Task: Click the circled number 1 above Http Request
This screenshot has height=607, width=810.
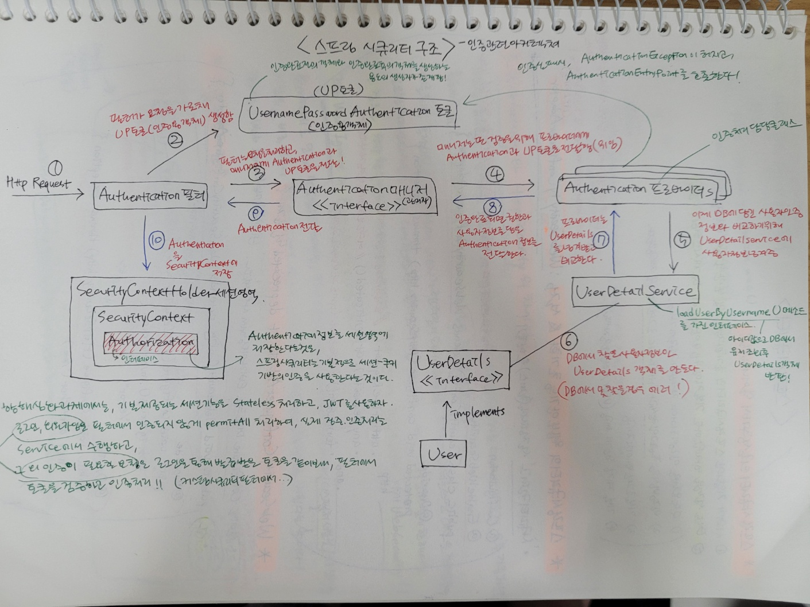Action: point(56,168)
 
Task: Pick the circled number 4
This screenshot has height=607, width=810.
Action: point(495,174)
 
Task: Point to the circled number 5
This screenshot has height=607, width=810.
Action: point(683,242)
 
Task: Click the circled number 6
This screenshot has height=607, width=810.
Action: point(568,341)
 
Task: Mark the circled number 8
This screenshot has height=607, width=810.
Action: point(492,207)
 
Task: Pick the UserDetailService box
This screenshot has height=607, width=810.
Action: point(634,291)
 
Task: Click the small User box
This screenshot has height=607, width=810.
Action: point(443,454)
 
